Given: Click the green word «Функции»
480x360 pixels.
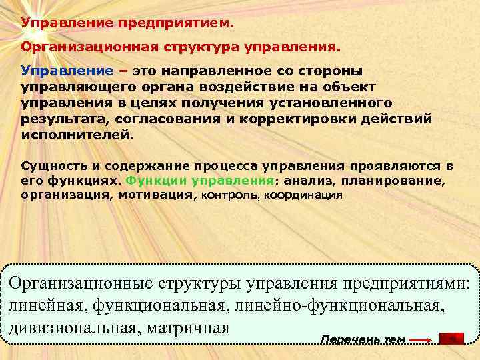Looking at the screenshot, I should [156, 180].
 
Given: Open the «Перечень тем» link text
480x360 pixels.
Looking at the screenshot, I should [363, 339].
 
